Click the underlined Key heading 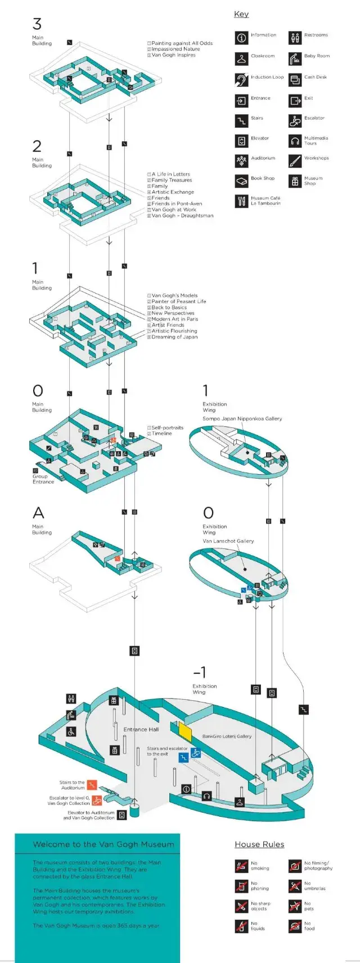coord(241,14)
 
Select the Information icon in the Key coord(241,38)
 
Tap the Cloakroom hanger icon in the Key coord(241,58)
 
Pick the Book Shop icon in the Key coord(241,181)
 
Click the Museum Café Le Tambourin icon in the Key coord(241,201)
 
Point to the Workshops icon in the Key coord(295,161)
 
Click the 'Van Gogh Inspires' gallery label coord(173,55)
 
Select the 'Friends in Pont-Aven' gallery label coord(176,204)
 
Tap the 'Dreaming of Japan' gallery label coord(174,337)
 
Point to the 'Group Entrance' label coord(43,479)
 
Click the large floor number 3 coord(37,24)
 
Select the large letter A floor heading coord(38,512)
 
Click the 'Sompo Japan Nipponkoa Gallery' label coord(242,418)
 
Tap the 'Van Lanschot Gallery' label coord(228,541)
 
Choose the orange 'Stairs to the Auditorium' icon coord(92,785)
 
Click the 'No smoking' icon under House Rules coord(241,866)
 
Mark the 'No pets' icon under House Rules coord(295,906)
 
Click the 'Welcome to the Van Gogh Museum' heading coord(103,844)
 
